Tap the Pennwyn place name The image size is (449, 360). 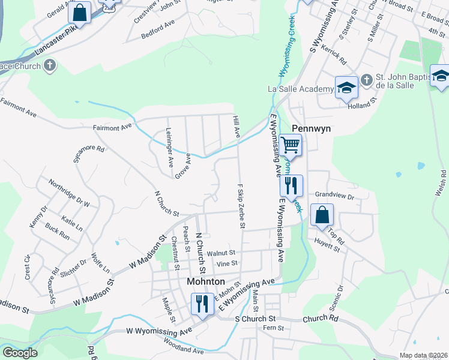click(309, 128)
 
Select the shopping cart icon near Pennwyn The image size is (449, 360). click(290, 145)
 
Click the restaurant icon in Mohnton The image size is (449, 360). click(202, 304)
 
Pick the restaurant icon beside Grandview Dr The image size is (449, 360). click(292, 186)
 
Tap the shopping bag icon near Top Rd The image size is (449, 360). click(322, 215)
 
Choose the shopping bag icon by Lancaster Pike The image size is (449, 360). click(79, 13)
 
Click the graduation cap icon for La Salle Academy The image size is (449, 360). click(346, 88)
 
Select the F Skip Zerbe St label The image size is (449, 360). click(241, 206)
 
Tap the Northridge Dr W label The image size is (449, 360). click(69, 193)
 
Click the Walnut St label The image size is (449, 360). click(221, 254)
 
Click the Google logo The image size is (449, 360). click(20, 353)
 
